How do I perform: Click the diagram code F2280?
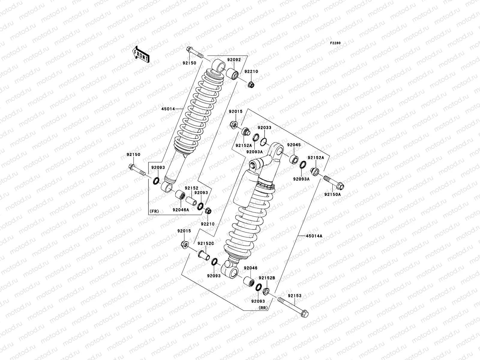click(336, 43)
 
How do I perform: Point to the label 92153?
click(295, 295)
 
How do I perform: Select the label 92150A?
click(332, 194)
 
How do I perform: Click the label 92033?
click(264, 127)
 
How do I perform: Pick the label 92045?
click(294, 145)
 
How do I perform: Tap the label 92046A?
click(181, 210)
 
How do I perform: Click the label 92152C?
click(205, 244)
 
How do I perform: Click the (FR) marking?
click(154, 211)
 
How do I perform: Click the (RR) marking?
click(263, 307)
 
